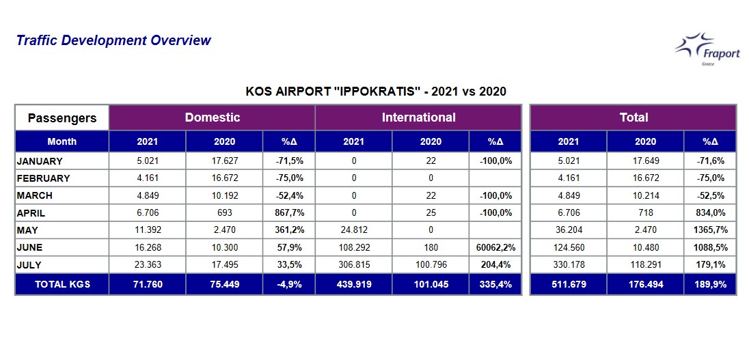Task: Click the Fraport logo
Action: (707, 49)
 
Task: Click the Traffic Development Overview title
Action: (113, 40)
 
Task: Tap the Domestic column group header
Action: (212, 117)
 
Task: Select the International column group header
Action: (418, 117)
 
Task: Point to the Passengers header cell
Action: (62, 118)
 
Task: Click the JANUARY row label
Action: (40, 161)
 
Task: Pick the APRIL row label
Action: (31, 213)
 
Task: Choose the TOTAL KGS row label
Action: (63, 285)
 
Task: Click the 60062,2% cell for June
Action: (495, 247)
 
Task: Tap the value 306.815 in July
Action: (354, 264)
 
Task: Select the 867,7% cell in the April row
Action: (289, 213)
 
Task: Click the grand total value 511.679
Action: (569, 285)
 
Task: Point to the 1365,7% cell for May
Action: (710, 230)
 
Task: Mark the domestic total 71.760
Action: (148, 285)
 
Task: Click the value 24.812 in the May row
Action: (354, 230)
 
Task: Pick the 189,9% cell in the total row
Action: (710, 285)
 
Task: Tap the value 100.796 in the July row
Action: (431, 264)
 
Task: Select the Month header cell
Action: (62, 141)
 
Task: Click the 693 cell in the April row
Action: (225, 213)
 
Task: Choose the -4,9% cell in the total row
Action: (289, 285)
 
